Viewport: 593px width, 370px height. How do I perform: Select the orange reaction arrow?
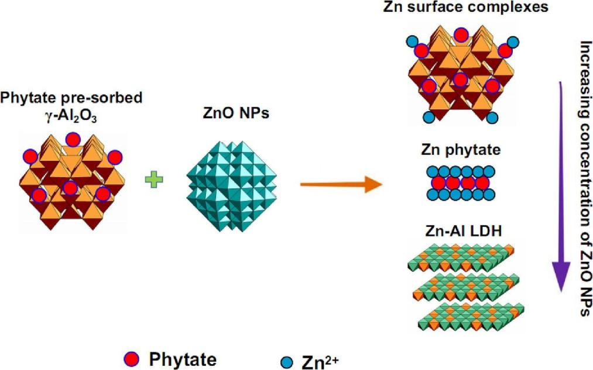340,186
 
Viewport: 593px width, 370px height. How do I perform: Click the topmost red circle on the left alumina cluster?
73,139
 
